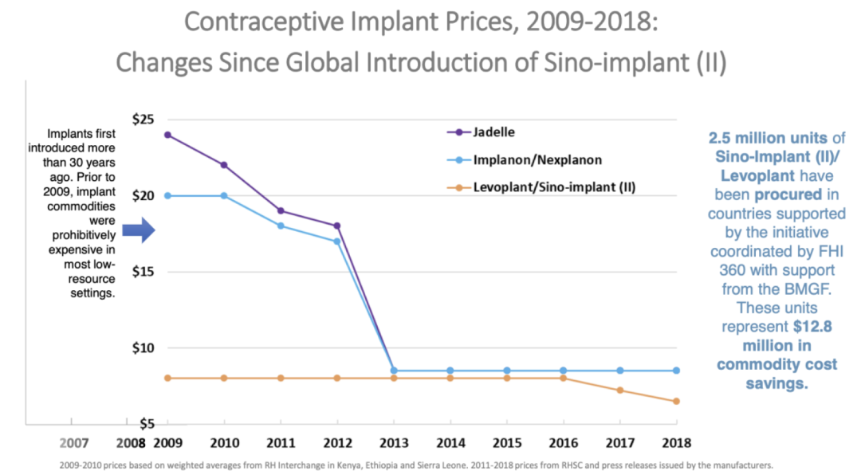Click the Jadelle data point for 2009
167,135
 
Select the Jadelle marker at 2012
337,226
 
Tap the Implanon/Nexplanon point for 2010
224,195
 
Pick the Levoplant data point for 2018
676,401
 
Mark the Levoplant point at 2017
619,391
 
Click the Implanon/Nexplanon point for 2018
676,371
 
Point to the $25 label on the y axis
143,120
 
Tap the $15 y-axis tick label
143,272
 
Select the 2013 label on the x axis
394,441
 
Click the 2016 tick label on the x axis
563,441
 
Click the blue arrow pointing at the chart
136,232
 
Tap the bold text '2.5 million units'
765,138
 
